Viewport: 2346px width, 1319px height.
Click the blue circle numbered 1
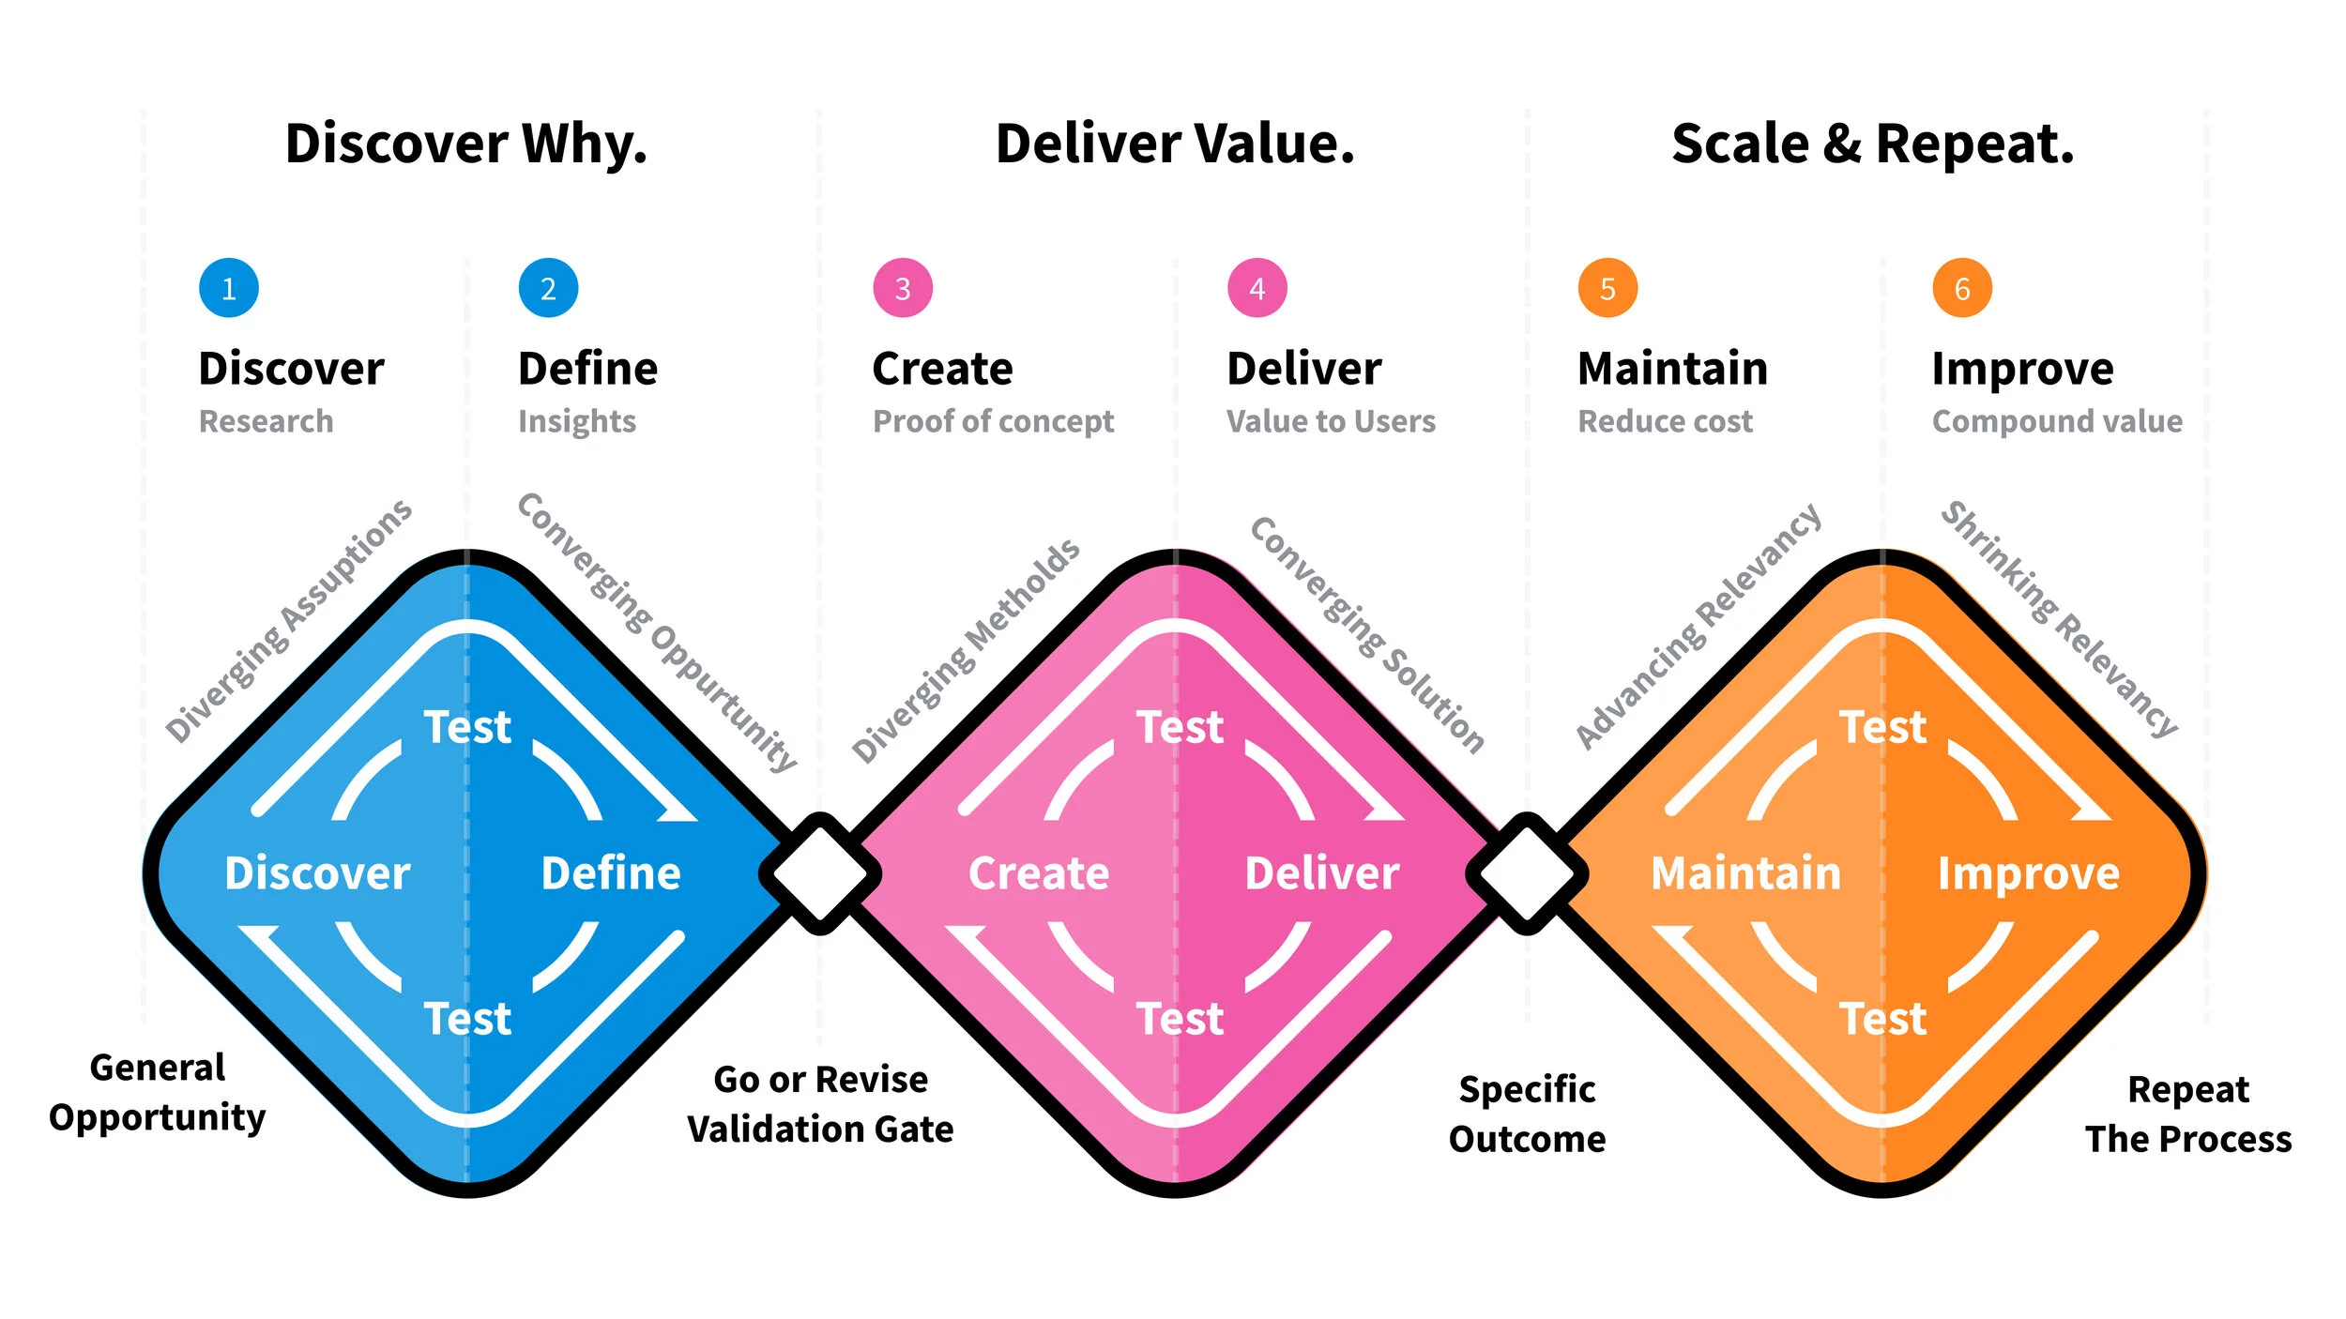pos(228,288)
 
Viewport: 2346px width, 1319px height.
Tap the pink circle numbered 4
pos(1257,288)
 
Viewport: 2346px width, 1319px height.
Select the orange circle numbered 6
pos(1961,288)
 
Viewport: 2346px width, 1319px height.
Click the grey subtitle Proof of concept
pos(993,422)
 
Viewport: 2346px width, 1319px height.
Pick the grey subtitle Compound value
pos(2057,422)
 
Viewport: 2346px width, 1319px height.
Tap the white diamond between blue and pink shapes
pos(820,873)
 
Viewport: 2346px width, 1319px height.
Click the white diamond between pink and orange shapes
pos(1527,873)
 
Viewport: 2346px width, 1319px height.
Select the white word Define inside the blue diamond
pos(611,873)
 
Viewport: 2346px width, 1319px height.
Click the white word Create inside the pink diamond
pos(1039,873)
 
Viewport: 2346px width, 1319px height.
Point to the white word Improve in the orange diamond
pos(2029,873)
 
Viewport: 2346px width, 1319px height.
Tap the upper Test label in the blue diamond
pos(467,727)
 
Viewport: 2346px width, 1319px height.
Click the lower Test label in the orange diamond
pos(1882,1019)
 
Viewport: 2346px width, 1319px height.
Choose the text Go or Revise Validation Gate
pos(820,1104)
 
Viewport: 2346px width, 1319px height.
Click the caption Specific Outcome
pos(1527,1114)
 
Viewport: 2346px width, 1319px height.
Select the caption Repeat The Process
pos(2188,1114)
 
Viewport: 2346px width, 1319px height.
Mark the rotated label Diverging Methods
pos(966,651)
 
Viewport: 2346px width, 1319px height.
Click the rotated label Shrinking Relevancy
pos(2059,619)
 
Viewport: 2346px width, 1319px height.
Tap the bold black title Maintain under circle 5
pos(1672,369)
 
